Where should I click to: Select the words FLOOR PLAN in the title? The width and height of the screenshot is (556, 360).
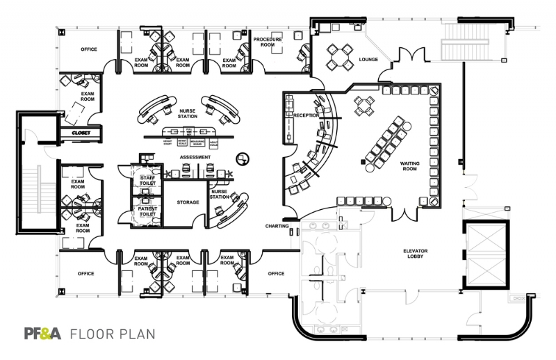tap(112, 333)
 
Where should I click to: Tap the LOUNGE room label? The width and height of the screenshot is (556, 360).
tap(368, 60)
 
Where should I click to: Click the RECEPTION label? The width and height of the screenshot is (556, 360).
tap(305, 115)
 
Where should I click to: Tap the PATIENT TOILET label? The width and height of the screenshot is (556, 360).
tap(148, 211)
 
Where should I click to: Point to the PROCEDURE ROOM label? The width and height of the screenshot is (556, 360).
tap(268, 42)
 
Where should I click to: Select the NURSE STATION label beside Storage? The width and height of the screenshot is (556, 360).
tap(220, 194)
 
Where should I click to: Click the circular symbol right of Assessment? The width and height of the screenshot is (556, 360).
tap(242, 158)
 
